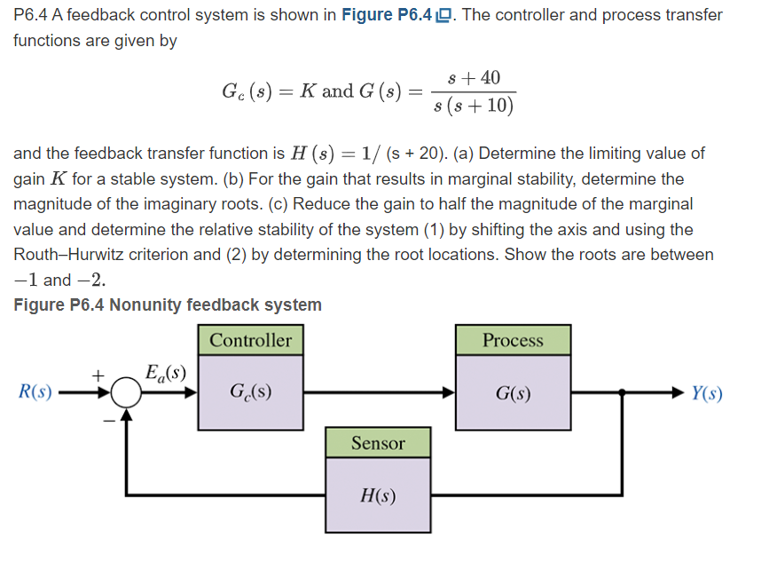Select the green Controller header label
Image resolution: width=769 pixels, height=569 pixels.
(250, 340)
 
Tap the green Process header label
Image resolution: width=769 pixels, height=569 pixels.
(513, 340)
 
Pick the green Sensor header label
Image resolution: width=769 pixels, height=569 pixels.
(378, 442)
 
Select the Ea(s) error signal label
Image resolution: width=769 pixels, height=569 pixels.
(165, 371)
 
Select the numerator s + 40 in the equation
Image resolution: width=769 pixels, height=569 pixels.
(475, 77)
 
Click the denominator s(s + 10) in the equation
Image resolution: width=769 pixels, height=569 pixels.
(474, 106)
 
